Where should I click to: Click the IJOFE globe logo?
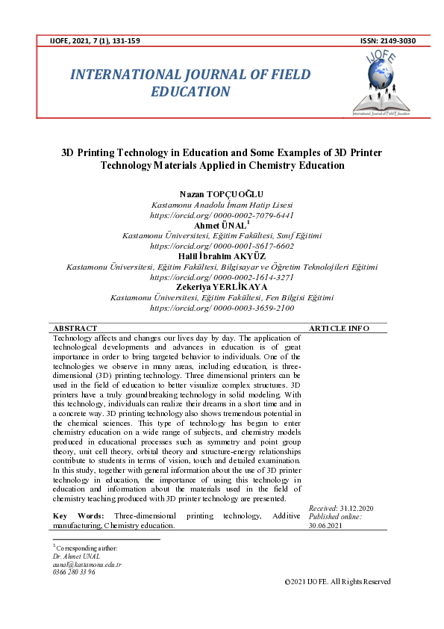click(387, 78)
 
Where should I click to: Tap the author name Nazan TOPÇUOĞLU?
click(222, 194)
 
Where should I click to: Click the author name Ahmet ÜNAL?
click(221, 225)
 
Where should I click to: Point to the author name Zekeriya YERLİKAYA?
click(222, 287)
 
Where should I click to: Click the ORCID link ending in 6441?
click(222, 214)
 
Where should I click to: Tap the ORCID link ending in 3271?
click(222, 276)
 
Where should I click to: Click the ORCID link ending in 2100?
click(222, 307)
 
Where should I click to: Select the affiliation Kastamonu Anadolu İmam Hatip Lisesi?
click(222, 205)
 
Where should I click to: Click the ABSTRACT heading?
click(75, 328)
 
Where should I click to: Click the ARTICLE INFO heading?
click(339, 328)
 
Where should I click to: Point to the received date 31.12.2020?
click(358, 508)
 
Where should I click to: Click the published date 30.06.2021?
click(326, 525)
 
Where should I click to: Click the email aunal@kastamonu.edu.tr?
click(87, 565)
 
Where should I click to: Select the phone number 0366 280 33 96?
click(75, 572)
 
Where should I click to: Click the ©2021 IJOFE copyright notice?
click(337, 582)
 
